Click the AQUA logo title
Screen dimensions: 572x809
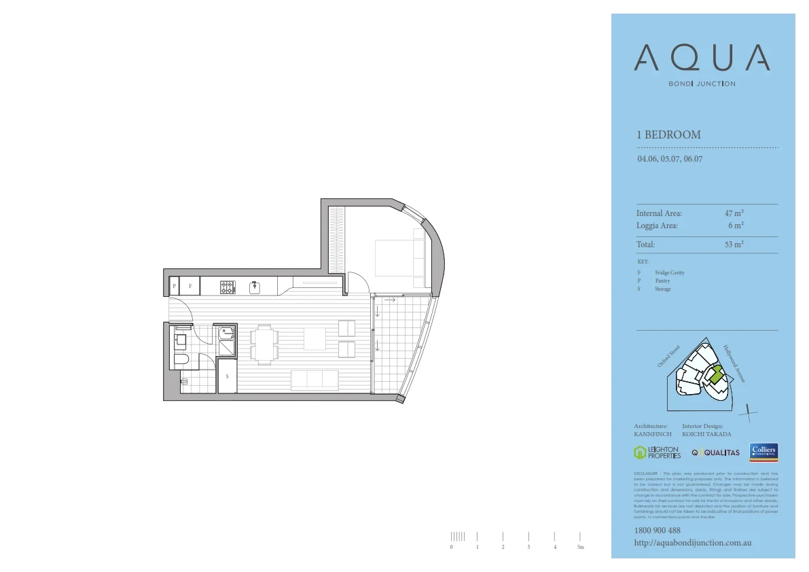tap(702, 58)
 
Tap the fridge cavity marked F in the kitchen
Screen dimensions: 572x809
tap(190, 287)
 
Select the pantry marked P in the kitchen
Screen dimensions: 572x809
tap(174, 287)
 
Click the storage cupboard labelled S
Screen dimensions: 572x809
tap(227, 376)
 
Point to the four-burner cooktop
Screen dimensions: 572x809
tap(228, 287)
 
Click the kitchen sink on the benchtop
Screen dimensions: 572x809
tap(255, 287)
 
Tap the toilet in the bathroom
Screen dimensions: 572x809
tap(181, 359)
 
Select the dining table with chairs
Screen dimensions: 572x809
tap(264, 343)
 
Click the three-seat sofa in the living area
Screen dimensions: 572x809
tap(314, 380)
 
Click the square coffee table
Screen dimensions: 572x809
tap(314, 338)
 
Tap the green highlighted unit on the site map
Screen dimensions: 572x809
tap(715, 373)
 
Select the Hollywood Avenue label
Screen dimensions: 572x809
tap(734, 363)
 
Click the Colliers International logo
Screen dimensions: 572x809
tap(763, 452)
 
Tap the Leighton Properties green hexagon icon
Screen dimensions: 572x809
tap(639, 452)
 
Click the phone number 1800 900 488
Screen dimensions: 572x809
tap(657, 531)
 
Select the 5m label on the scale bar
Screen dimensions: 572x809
tap(580, 547)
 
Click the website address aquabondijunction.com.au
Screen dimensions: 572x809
tap(692, 543)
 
